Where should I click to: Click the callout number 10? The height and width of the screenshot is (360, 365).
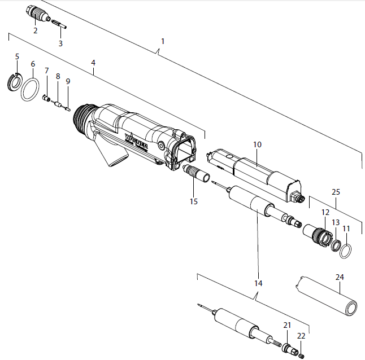[257, 145]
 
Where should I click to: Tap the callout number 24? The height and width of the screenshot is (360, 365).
[339, 277]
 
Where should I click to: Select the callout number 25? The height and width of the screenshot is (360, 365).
[336, 193]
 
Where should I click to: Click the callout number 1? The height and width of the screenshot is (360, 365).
[163, 42]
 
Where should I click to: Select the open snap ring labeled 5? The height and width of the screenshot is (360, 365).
[13, 81]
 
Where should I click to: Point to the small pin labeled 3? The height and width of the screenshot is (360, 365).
[60, 24]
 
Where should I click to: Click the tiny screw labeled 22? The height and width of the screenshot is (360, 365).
[301, 354]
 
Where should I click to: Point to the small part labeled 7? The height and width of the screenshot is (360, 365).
[47, 98]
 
